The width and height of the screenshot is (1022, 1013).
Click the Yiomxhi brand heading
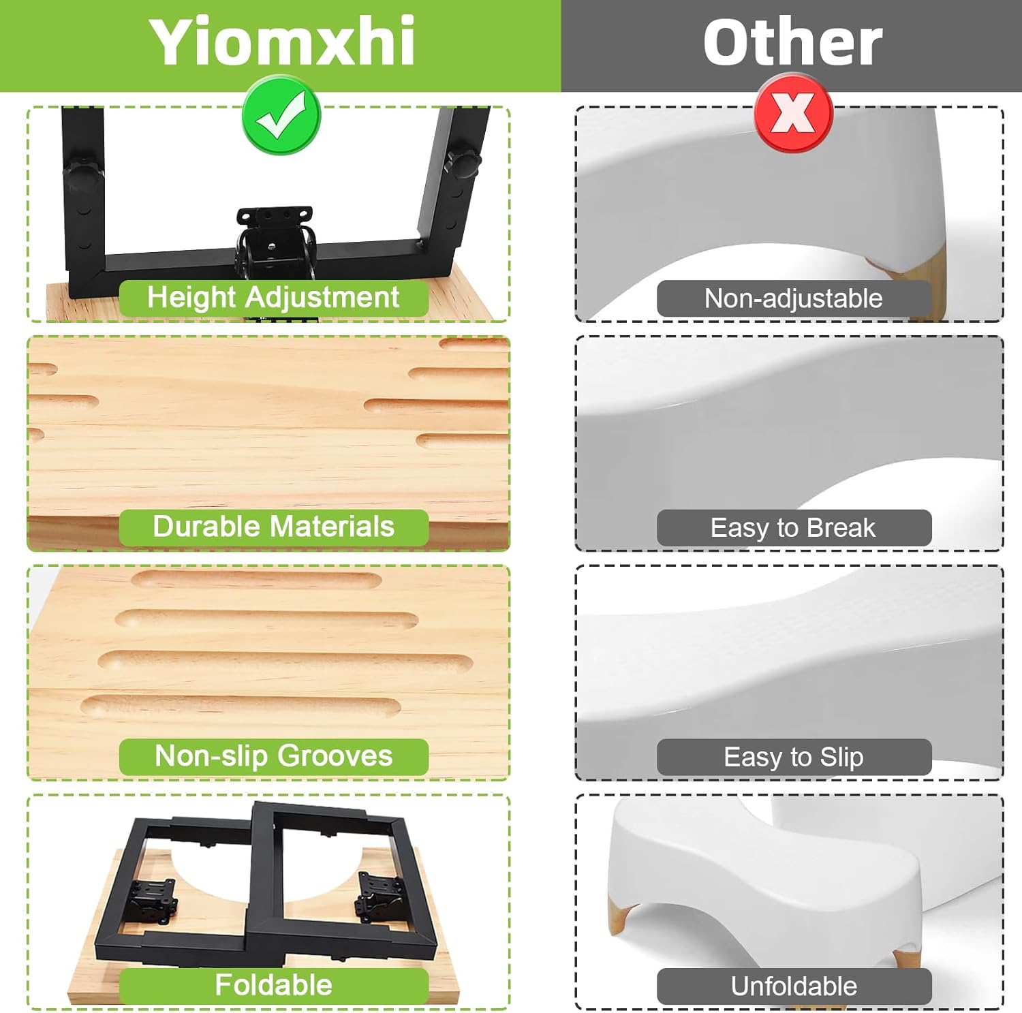point(281,42)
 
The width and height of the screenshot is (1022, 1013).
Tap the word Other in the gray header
point(792,42)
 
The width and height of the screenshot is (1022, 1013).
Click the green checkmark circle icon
point(281,116)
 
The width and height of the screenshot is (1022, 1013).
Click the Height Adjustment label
point(273,298)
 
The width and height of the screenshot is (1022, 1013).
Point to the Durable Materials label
point(273,527)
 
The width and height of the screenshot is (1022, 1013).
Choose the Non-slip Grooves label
point(273,756)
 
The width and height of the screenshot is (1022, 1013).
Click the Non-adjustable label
point(794,298)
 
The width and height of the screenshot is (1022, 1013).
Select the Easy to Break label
point(794,528)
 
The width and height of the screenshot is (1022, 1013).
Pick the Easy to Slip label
point(794,757)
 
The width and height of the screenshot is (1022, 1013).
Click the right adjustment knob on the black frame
point(463,161)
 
